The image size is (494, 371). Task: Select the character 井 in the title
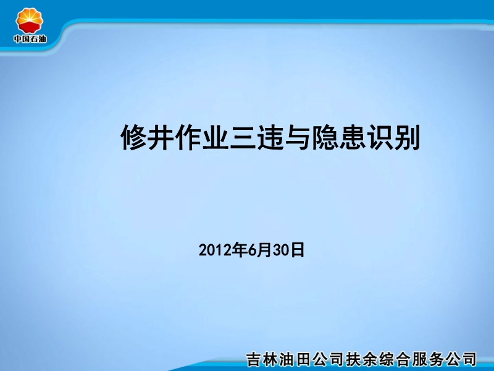click(161, 138)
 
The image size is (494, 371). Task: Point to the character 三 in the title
click(243, 138)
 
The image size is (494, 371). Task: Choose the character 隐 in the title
click(325, 138)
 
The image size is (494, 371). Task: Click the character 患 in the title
click(352, 138)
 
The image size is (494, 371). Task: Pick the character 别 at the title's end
click(407, 138)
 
